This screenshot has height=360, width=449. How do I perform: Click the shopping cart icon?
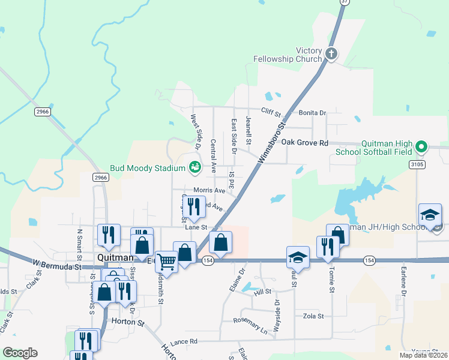point(166,260)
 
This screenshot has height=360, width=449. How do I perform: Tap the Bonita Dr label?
point(312,112)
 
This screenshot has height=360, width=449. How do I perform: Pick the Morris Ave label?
point(209,190)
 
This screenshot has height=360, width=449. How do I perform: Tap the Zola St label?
point(313,316)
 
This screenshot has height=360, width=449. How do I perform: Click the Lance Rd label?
point(183,341)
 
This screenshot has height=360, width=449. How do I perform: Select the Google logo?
point(20,353)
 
